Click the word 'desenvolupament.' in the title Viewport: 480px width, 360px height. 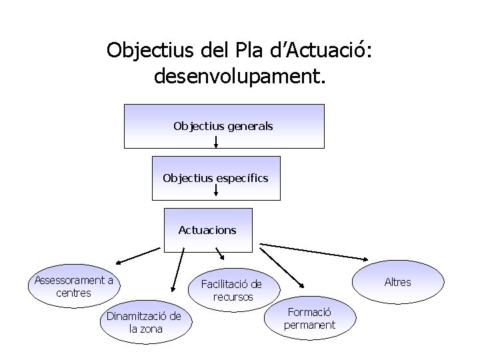coord(240,77)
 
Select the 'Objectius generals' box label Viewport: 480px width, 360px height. coord(223,125)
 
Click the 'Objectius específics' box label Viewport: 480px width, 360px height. coord(216,178)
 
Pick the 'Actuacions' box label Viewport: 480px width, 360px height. coord(207,230)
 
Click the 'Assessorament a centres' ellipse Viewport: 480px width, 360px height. coord(74,287)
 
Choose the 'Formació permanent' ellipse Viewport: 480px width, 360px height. coord(309,319)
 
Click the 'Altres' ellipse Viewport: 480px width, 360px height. coord(398,282)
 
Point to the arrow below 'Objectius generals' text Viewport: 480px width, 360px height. coord(216,142)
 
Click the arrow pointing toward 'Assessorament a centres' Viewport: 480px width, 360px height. coord(138,257)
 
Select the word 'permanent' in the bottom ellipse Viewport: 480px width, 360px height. coord(309,325)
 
